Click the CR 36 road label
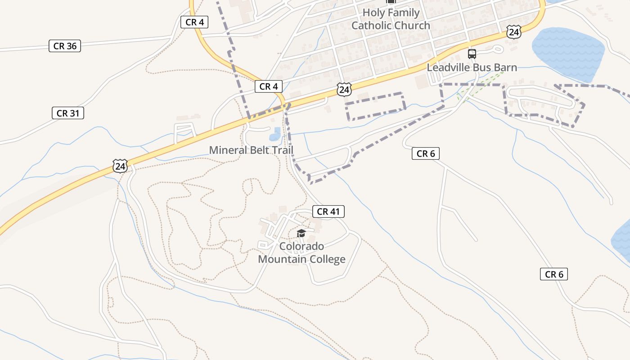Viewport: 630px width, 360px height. tap(65, 46)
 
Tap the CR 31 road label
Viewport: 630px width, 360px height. tap(68, 113)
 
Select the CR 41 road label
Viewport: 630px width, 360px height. tap(328, 211)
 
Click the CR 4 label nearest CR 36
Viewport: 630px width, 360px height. tap(194, 22)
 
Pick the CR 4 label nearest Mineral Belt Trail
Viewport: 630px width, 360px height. tap(269, 86)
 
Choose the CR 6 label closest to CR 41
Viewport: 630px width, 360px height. tap(425, 154)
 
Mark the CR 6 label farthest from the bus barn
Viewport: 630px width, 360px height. tap(553, 274)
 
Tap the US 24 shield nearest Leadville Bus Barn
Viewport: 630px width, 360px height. tap(513, 32)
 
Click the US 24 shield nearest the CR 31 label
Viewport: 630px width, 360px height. tap(120, 166)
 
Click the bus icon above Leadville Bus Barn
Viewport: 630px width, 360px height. tap(472, 54)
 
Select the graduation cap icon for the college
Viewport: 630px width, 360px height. tap(301, 233)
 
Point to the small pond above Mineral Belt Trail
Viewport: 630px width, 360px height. tap(274, 134)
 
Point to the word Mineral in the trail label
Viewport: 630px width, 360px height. tap(227, 150)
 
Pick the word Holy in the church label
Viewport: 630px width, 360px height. tap(373, 13)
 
